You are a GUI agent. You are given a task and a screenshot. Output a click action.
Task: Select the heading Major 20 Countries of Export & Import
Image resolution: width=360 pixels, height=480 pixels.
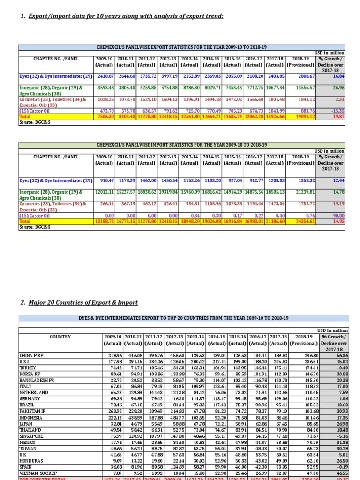pos(80,302)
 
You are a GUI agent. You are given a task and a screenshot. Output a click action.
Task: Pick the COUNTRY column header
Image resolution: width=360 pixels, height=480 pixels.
pos(60,336)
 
